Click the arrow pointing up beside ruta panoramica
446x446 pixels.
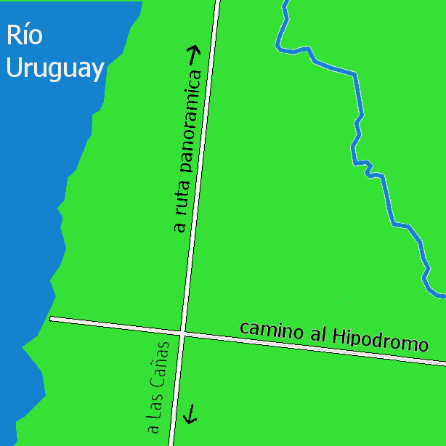tap(194, 54)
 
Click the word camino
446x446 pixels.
tap(271, 331)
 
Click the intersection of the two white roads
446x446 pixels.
tap(184, 333)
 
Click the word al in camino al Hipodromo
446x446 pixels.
tap(315, 335)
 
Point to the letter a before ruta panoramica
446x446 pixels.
tap(180, 227)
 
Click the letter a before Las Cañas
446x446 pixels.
tap(154, 429)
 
